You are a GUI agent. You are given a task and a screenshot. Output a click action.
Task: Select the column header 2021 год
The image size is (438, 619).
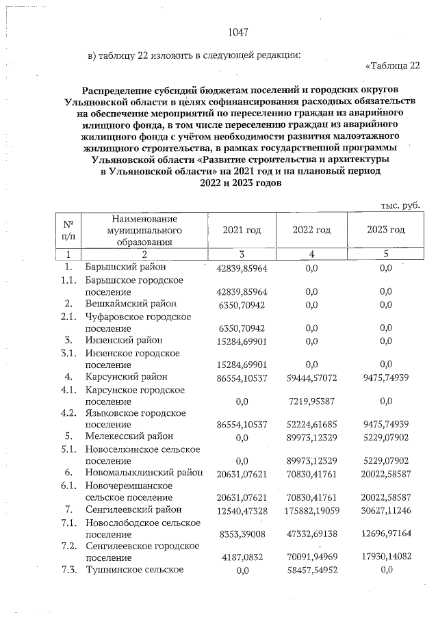242,230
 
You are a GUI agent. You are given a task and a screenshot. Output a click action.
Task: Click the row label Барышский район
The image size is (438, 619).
125,267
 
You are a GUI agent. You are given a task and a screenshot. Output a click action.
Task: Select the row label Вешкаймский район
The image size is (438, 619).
131,303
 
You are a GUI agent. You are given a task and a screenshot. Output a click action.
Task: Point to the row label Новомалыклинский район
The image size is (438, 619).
144,472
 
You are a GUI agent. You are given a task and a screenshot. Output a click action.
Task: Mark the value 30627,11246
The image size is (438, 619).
385,510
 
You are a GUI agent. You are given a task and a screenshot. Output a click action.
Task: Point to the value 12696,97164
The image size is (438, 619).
385,534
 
